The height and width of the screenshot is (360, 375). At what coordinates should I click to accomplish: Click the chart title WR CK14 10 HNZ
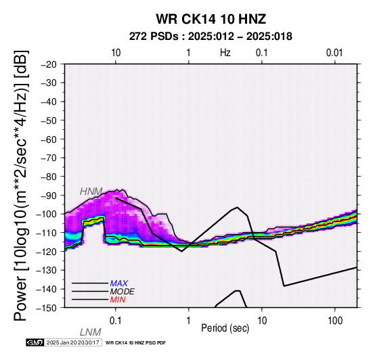[x=211, y=19]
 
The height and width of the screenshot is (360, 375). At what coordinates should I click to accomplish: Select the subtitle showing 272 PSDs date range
[x=211, y=37]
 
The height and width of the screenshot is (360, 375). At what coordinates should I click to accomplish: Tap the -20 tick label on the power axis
[x=49, y=64]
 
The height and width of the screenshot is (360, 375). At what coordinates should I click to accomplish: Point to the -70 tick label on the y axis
[x=49, y=158]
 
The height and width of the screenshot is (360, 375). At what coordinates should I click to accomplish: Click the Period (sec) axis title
[x=225, y=328]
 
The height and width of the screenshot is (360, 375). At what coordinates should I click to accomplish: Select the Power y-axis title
[x=21, y=185]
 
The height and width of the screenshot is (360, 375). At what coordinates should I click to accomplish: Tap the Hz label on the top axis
[x=225, y=53]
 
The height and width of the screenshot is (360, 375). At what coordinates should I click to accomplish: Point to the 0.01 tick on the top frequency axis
[x=334, y=53]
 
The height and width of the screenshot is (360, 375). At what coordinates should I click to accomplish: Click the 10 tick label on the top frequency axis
[x=116, y=53]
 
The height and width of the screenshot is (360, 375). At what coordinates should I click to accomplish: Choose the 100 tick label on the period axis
[x=335, y=321]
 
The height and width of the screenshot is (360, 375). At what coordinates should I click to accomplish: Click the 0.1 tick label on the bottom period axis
[x=116, y=321]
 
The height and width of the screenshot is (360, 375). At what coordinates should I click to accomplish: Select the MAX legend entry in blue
[x=119, y=284]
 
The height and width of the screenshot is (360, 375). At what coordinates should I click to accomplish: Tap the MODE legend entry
[x=123, y=292]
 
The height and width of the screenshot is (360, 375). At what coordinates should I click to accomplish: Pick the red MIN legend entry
[x=118, y=300]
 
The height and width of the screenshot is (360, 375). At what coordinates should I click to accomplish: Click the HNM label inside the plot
[x=91, y=192]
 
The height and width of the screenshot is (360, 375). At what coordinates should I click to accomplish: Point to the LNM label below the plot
[x=91, y=332]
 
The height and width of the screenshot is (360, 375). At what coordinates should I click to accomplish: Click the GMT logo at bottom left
[x=35, y=342]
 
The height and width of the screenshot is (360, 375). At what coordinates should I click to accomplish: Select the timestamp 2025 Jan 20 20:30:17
[x=72, y=342]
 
